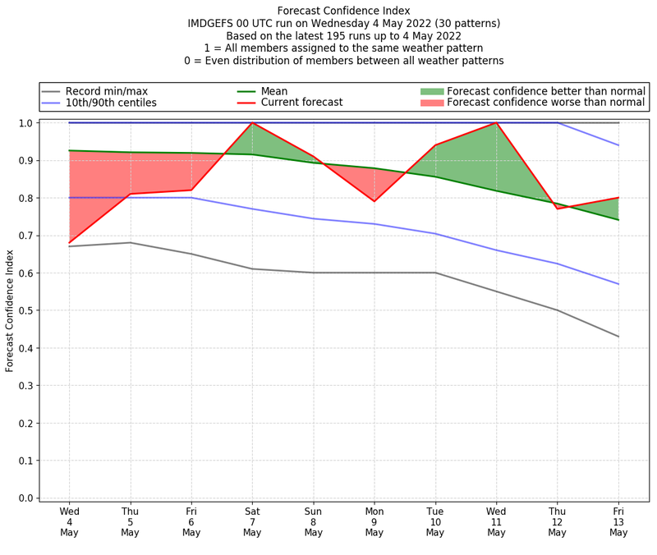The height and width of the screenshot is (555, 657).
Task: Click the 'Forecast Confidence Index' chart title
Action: point(343,11)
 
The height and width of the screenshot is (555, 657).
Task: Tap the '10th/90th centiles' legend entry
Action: point(111,103)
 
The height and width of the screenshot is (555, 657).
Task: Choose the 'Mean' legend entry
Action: point(274,90)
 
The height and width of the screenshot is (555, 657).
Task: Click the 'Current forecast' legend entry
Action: point(301,103)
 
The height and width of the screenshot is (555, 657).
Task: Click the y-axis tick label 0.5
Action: point(25,310)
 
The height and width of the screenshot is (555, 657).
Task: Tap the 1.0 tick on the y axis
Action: point(25,123)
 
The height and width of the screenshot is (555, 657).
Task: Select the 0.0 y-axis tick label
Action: point(25,498)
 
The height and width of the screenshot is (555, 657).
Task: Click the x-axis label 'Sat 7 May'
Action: point(252,521)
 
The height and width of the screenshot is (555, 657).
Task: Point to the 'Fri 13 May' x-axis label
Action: point(618,521)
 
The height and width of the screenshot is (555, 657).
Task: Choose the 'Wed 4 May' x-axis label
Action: point(69,521)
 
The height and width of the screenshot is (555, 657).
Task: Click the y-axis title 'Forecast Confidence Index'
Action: point(10,310)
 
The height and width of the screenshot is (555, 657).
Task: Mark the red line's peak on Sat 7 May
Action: point(252,122)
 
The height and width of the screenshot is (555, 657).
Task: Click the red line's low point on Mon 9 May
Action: point(374,201)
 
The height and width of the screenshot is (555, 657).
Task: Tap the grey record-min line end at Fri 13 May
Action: point(618,337)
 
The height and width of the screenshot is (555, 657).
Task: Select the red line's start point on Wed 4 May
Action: point(69,243)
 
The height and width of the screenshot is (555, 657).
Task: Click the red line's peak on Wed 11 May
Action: point(496,122)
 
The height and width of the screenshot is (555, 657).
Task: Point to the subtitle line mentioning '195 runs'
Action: point(343,36)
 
